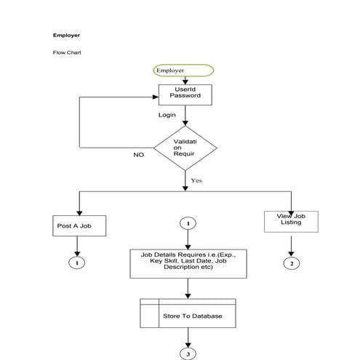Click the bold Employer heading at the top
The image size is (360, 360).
[x=66, y=35]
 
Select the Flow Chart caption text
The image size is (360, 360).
[x=66, y=53]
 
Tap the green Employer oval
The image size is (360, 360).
[x=183, y=71]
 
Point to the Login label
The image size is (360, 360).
[x=167, y=115]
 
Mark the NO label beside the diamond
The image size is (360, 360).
[x=138, y=155]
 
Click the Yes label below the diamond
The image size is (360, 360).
[x=196, y=179]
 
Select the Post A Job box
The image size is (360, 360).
[x=79, y=226]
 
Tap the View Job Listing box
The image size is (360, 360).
[x=291, y=221]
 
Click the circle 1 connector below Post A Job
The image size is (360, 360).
[x=77, y=262]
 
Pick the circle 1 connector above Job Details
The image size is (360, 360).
[x=188, y=223]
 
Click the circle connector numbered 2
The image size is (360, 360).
[x=291, y=263]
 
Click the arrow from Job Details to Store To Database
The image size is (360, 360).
[x=188, y=288]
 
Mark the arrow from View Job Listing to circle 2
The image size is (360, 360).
[x=291, y=244]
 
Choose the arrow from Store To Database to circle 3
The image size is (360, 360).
[x=188, y=338]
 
